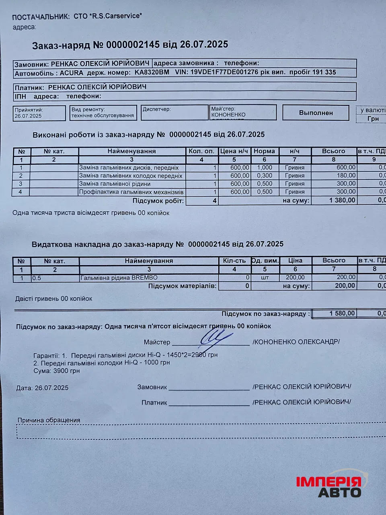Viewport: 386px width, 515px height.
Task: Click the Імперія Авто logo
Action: (329, 486)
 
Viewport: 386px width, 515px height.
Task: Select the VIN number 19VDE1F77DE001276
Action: (224, 72)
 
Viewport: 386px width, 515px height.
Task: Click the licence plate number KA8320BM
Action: (152, 73)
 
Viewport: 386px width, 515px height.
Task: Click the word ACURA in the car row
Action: (72, 73)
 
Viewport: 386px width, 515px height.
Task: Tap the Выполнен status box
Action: (316, 113)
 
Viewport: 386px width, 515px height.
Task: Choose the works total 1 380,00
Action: (342, 200)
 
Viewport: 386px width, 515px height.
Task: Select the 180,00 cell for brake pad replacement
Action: (346, 176)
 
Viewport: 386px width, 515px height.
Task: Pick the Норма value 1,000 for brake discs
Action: (264, 168)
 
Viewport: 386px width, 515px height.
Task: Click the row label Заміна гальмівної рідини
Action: (115, 184)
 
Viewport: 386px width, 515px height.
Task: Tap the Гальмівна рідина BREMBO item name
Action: (119, 278)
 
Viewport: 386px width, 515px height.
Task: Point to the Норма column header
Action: (264, 151)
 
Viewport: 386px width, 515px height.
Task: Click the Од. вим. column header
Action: (265, 261)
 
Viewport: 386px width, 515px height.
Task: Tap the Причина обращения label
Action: (49, 420)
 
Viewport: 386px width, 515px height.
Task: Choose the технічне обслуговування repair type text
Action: (102, 116)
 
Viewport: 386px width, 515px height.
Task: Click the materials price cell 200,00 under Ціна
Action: (295, 278)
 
